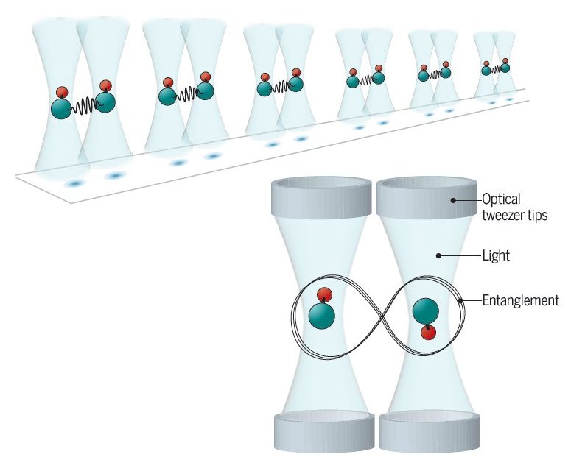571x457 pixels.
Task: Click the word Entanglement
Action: tap(520, 300)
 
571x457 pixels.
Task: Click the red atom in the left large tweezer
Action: tap(323, 295)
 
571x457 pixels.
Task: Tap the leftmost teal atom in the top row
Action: tap(62, 110)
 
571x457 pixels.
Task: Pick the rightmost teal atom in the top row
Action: tap(505, 68)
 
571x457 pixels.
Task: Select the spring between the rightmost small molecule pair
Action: tap(496, 69)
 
